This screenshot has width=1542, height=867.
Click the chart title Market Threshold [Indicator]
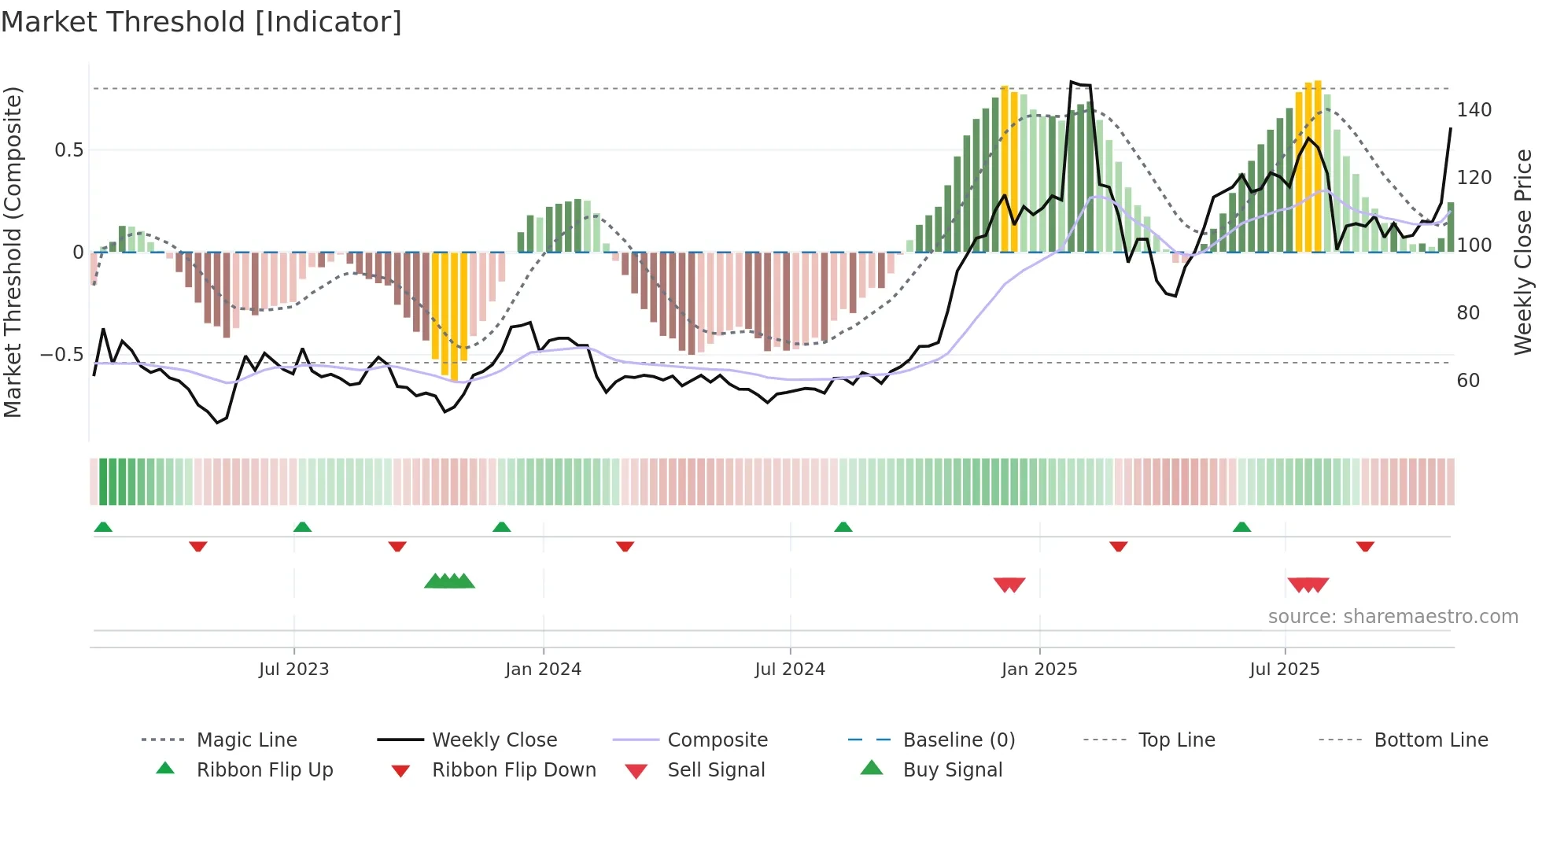(201, 22)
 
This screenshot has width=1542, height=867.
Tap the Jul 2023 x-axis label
(293, 670)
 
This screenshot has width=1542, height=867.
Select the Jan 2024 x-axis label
(543, 670)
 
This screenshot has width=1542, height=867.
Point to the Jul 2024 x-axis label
(790, 670)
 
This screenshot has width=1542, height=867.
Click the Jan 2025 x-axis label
(1039, 670)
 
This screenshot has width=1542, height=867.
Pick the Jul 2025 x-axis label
(1285, 670)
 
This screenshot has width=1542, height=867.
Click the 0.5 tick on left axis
(68, 150)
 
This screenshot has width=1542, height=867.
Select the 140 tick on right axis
(1474, 110)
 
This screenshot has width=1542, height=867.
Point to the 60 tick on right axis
(1468, 381)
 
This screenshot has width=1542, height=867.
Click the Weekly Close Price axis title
(1523, 252)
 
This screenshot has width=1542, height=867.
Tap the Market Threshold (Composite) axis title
(13, 252)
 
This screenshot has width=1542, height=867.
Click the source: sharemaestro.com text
(1393, 617)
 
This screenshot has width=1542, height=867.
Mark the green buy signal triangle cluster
(449, 581)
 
